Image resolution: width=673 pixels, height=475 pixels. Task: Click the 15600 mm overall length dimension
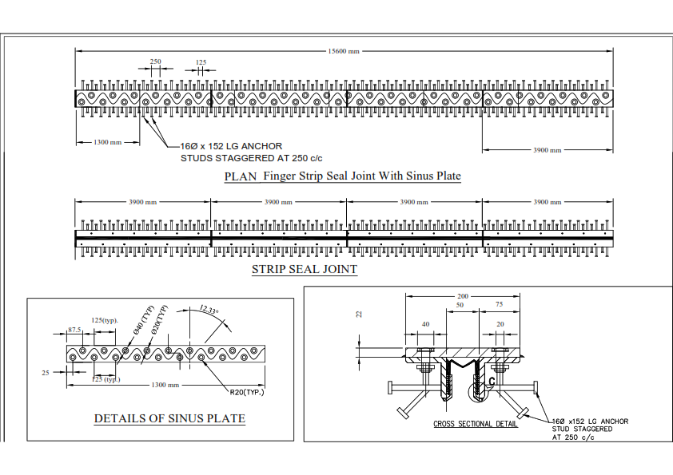click(344, 51)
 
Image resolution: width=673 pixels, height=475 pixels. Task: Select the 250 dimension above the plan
click(156, 61)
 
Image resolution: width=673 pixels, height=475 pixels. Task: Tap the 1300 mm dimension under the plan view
click(106, 142)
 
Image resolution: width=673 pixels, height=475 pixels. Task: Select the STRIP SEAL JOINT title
click(305, 270)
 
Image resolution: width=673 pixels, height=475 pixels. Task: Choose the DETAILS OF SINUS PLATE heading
click(169, 418)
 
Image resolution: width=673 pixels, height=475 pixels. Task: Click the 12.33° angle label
click(210, 310)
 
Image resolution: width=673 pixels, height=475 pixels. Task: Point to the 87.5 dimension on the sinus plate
click(77, 329)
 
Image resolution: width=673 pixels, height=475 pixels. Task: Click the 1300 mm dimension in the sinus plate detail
click(165, 385)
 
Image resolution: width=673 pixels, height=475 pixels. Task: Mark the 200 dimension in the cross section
click(463, 295)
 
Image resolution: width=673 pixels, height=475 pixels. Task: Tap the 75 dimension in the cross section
click(498, 305)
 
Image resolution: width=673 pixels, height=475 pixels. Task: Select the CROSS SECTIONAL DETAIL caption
click(475, 424)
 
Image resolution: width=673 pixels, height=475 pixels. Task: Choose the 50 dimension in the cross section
click(460, 305)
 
